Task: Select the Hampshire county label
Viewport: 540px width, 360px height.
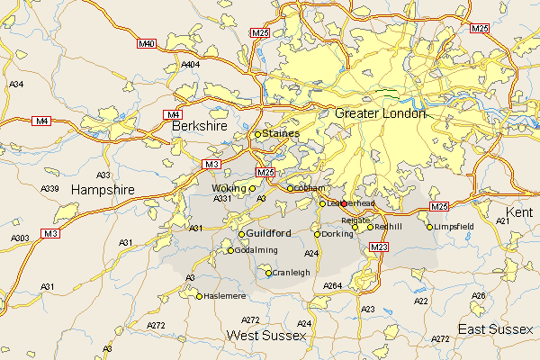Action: click(x=102, y=191)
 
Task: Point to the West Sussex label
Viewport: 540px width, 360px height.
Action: click(x=266, y=336)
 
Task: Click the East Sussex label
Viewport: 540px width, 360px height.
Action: click(x=496, y=330)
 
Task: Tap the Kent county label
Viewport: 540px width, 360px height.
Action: click(x=519, y=211)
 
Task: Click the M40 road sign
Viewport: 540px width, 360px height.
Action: click(x=147, y=43)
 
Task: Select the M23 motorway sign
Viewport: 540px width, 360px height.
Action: click(x=379, y=247)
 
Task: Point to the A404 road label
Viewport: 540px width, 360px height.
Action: click(x=191, y=65)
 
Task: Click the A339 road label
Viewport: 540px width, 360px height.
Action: click(x=50, y=188)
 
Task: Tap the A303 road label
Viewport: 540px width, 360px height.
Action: click(x=19, y=238)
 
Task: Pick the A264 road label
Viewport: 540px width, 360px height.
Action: click(x=333, y=286)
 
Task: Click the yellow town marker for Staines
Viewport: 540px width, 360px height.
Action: click(x=256, y=134)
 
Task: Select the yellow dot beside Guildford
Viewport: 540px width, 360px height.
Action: click(x=240, y=234)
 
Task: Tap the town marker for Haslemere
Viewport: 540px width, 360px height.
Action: click(x=200, y=295)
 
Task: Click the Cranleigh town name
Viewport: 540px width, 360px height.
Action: click(x=292, y=273)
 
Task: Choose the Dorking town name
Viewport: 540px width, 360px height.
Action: click(x=337, y=234)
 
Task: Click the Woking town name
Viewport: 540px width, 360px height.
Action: click(x=228, y=188)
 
